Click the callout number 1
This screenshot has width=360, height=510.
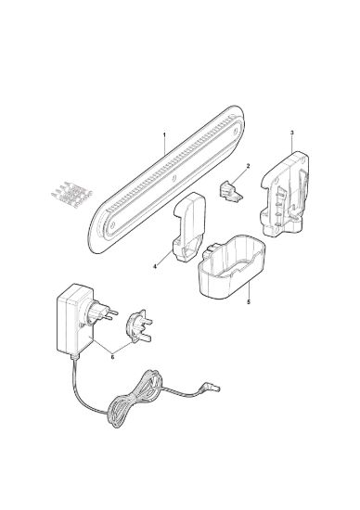click(x=164, y=134)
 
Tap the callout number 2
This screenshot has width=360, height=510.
click(x=248, y=166)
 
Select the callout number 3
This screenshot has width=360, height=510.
click(x=292, y=133)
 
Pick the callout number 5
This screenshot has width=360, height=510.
click(x=249, y=302)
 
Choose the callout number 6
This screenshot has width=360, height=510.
click(x=112, y=356)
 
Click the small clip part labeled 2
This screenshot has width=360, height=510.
click(x=231, y=193)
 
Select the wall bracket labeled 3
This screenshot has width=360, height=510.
click(x=285, y=194)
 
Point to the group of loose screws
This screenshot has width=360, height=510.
click(x=71, y=194)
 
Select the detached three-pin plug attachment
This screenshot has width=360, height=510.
click(x=139, y=326)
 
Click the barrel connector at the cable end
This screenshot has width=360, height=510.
click(x=212, y=387)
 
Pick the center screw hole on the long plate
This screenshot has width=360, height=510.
click(x=174, y=178)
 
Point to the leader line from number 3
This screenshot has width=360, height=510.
click(x=293, y=143)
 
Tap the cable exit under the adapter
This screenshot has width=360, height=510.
click(x=74, y=356)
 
